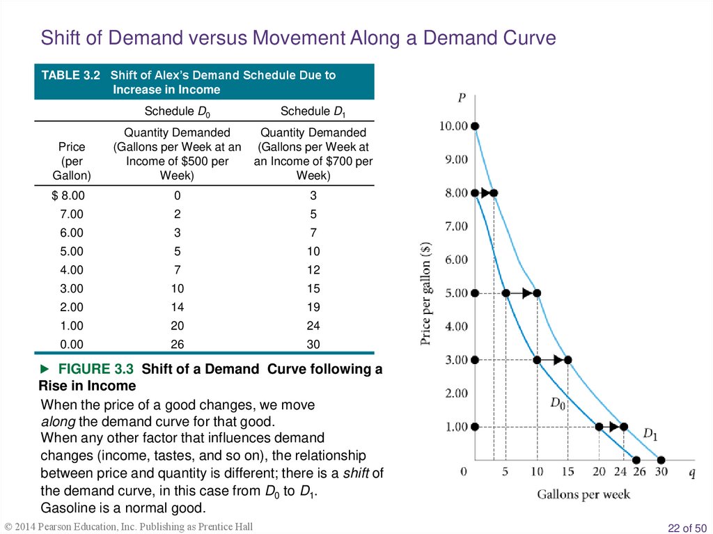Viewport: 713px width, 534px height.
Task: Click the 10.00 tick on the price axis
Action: coord(453,126)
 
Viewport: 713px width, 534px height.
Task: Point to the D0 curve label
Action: coord(559,402)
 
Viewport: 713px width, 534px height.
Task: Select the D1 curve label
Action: coord(650,434)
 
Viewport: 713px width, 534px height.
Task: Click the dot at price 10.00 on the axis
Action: coord(475,126)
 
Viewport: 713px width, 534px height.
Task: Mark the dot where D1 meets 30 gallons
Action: coord(661,460)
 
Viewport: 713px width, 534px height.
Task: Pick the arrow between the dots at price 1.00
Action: coord(612,427)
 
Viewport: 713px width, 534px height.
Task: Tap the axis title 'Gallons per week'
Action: coord(583,494)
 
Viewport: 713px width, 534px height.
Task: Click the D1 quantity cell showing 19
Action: coord(313,307)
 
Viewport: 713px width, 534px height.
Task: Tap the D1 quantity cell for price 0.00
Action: coord(313,345)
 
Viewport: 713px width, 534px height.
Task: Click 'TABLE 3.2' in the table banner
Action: coord(71,75)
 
